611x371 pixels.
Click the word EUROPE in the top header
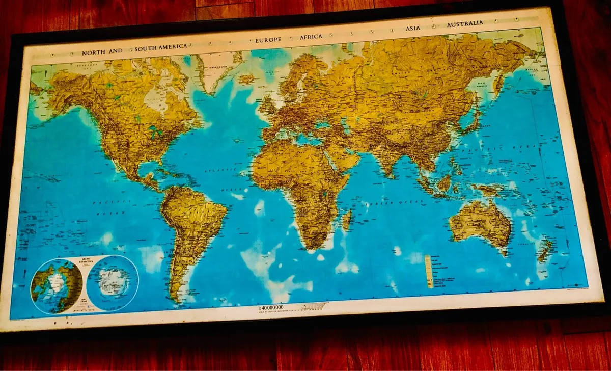click(268, 39)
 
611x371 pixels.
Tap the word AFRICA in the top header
click(312, 37)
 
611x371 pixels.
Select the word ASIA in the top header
click(413, 29)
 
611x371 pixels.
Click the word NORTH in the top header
click(95, 52)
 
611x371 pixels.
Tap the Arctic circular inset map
click(56, 284)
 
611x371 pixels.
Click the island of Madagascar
click(347, 220)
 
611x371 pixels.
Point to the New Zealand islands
click(545, 249)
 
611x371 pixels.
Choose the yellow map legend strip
click(429, 271)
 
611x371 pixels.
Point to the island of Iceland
click(246, 79)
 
